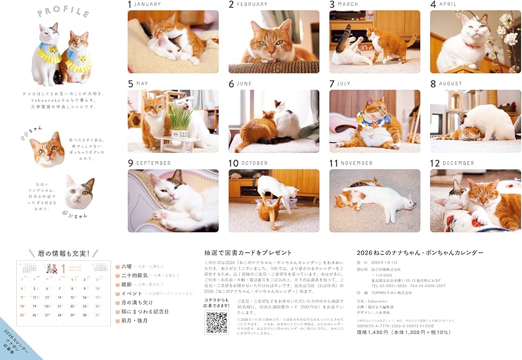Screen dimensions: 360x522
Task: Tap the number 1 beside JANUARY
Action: [130, 5]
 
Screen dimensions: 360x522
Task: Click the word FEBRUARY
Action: [252, 4]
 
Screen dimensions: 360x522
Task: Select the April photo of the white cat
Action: [475, 42]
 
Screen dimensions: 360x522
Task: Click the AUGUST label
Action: [450, 83]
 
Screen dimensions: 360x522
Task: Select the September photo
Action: [173, 200]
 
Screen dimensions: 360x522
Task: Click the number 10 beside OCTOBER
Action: [233, 163]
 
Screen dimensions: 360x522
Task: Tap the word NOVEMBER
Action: [357, 163]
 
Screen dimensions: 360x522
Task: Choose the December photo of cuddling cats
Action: [475, 200]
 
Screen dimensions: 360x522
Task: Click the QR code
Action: [216, 322]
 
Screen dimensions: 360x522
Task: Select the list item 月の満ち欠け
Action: [137, 302]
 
